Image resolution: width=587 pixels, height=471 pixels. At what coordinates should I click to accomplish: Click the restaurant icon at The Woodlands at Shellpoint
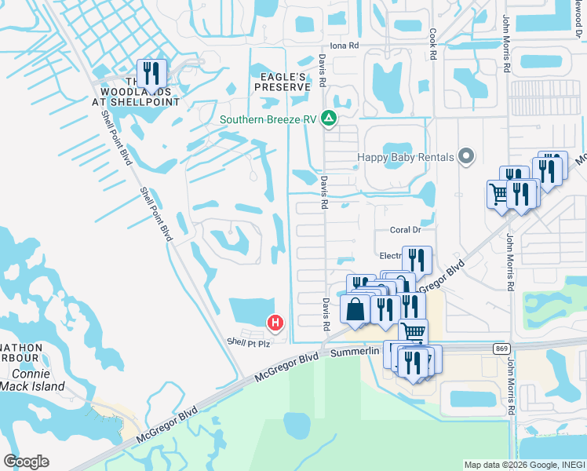[x=152, y=73]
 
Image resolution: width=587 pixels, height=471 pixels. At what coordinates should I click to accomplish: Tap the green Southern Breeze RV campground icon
[x=330, y=119]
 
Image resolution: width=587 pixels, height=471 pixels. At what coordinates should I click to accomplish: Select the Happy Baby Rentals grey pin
[x=467, y=156]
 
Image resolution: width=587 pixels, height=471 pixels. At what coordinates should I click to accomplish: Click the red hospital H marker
[x=275, y=322]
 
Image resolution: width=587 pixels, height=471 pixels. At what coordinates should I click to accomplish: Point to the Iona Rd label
[x=344, y=46]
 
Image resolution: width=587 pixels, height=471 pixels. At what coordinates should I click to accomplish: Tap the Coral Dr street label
[x=407, y=230]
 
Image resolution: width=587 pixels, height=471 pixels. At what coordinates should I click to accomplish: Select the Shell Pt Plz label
[x=248, y=343]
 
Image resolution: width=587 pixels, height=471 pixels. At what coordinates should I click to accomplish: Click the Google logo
[x=27, y=462]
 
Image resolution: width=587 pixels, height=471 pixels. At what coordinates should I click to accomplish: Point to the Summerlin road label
[x=355, y=352]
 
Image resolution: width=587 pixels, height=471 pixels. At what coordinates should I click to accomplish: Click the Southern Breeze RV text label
[x=269, y=120]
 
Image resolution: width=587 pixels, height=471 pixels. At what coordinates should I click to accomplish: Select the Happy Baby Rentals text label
[x=406, y=157]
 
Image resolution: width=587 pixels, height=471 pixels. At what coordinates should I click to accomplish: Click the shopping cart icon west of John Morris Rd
[x=498, y=192]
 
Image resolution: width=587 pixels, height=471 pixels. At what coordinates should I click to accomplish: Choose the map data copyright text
[x=524, y=465]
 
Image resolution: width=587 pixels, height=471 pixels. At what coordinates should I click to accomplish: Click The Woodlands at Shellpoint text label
[x=141, y=91]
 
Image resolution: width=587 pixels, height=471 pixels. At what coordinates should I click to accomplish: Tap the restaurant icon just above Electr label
[x=417, y=258]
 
